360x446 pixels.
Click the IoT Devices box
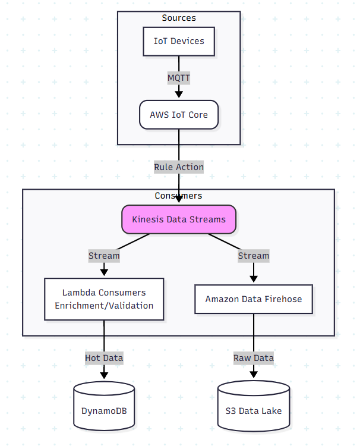[179, 41]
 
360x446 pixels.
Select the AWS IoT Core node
[179, 114]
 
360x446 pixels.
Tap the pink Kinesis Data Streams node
[179, 219]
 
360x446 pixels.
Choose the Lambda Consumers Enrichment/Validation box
[104, 299]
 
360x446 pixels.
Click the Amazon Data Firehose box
[254, 299]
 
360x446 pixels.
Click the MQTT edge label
[179, 77]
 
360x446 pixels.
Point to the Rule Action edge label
[179, 167]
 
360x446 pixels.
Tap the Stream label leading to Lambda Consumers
[104, 256]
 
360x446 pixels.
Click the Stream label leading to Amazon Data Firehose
[254, 256]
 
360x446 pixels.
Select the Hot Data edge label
[104, 358]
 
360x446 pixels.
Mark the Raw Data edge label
[254, 358]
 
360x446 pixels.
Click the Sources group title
[179, 18]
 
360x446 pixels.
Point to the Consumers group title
[179, 196]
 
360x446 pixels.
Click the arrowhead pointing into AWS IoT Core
[179, 94]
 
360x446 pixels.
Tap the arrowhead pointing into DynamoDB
[104, 375]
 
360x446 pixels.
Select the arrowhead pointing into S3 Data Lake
[254, 375]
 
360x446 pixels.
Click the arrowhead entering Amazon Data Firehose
[254, 278]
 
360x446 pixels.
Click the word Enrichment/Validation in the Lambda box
[104, 306]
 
